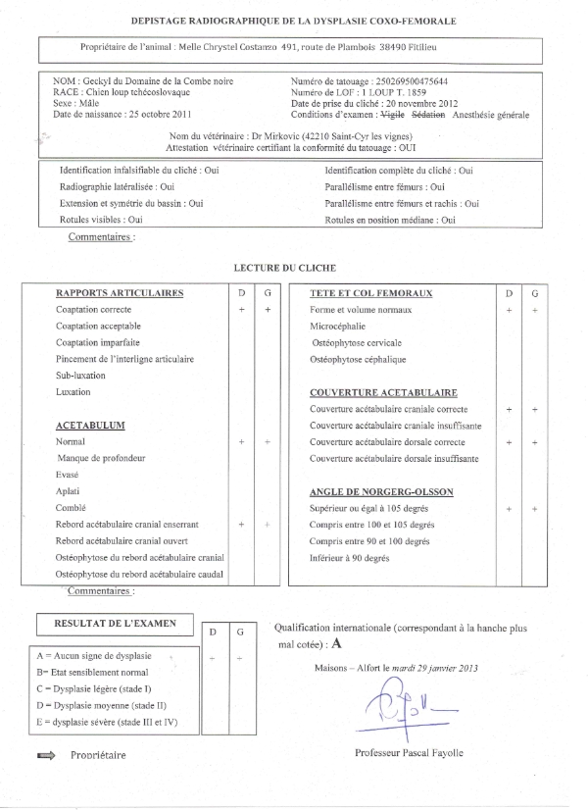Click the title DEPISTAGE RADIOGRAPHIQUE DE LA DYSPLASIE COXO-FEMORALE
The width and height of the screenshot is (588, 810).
click(x=294, y=21)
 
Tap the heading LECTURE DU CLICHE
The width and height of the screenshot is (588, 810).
click(x=285, y=267)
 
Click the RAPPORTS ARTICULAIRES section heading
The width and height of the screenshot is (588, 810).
click(x=120, y=293)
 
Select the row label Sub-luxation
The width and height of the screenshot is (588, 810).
click(x=80, y=376)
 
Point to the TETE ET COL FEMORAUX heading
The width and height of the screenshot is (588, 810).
click(x=371, y=293)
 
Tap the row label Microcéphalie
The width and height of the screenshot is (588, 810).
click(x=337, y=327)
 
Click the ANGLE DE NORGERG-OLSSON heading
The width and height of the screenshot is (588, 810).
click(x=379, y=491)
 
